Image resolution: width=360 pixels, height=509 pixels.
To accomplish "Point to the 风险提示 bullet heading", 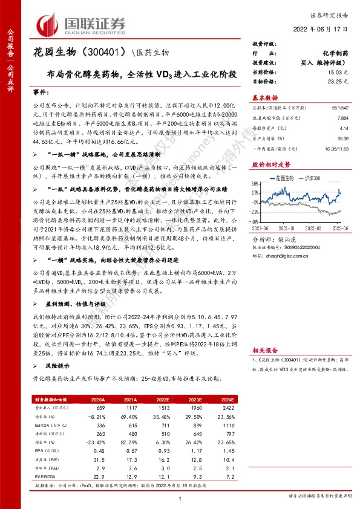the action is [54, 366].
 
